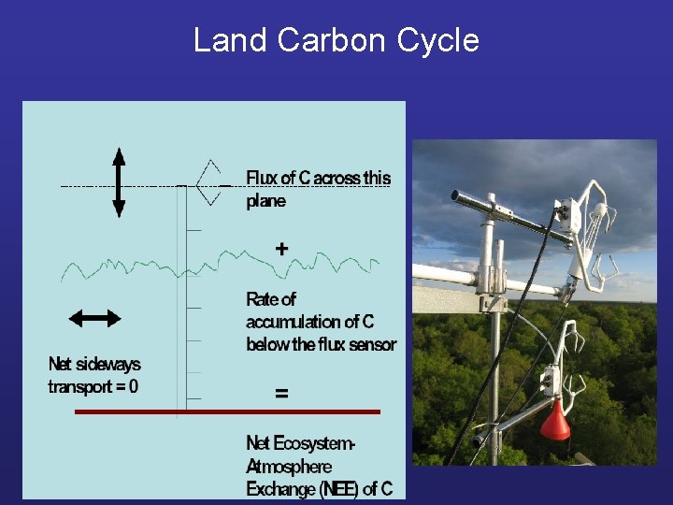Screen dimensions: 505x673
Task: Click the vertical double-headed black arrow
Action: [x=119, y=182]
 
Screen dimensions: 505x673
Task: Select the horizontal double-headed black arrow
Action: [x=94, y=318]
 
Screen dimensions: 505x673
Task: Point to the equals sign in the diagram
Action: [x=281, y=394]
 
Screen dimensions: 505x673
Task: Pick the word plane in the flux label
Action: [x=266, y=201]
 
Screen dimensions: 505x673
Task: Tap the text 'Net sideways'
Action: [x=94, y=364]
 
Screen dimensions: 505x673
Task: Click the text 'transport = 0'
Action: [x=93, y=386]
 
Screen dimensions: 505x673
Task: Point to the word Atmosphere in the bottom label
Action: [x=289, y=466]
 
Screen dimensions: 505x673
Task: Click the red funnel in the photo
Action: [x=555, y=424]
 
